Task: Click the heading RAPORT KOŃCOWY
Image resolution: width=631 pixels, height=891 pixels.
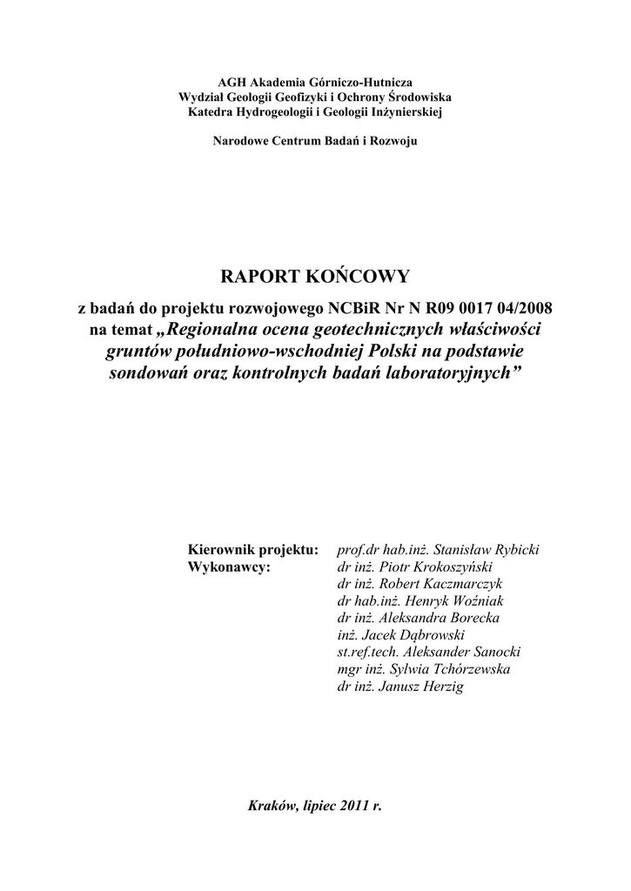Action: [x=314, y=277]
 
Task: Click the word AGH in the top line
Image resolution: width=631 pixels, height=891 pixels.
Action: [x=229, y=82]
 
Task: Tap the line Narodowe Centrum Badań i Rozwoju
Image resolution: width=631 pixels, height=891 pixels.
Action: [x=315, y=141]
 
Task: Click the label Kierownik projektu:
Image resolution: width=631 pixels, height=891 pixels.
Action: [x=252, y=550]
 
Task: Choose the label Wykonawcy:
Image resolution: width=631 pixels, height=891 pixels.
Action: [x=230, y=566]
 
